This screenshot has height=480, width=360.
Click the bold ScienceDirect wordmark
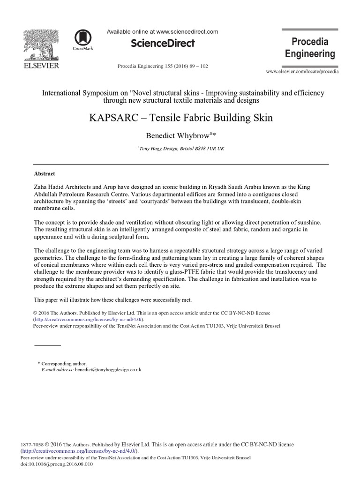pyautogui.click(x=162, y=44)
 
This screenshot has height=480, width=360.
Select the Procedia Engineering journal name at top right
pyautogui.click(x=310, y=48)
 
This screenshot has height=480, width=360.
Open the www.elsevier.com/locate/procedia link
pyautogui.click(x=302, y=72)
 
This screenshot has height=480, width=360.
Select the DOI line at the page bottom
pyautogui.click(x=57, y=464)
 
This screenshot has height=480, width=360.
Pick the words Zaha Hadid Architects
pyautogui.click(x=66, y=187)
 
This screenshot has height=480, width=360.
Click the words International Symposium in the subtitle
pyautogui.click(x=80, y=93)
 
